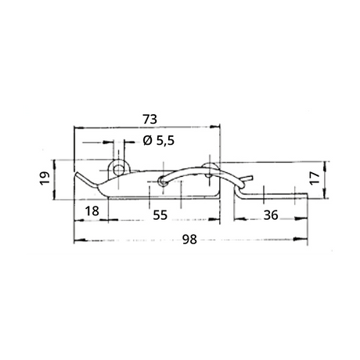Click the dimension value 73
click(x=150, y=119)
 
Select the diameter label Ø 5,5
click(x=159, y=141)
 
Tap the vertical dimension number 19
click(x=45, y=178)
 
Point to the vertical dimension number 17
click(x=315, y=178)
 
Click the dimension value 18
click(x=92, y=211)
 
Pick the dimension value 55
click(x=160, y=215)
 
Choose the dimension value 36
click(x=271, y=215)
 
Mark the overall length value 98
click(x=189, y=239)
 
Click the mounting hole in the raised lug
click(x=119, y=170)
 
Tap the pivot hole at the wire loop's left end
click(x=163, y=181)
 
